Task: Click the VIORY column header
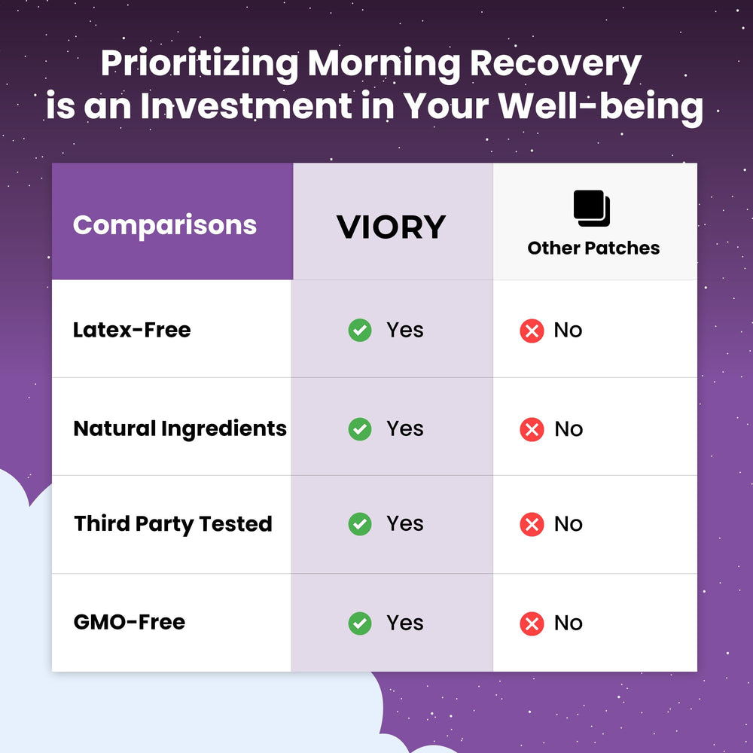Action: pos(391,227)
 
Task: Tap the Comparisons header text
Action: pos(165,225)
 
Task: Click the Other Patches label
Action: pos(593,248)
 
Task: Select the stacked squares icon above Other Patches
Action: pos(592,209)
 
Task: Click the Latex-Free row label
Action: pos(132,330)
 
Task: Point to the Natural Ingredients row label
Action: pos(180,428)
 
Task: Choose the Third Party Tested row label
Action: pos(173,524)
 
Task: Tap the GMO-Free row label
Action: pos(130,622)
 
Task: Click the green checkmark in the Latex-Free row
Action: pos(360,330)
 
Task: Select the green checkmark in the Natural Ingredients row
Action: pos(360,429)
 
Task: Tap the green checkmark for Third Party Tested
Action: pos(360,524)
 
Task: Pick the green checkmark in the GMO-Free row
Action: pos(360,623)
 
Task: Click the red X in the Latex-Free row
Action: pos(532,331)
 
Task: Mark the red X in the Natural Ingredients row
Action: pos(532,429)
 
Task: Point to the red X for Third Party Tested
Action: pos(532,524)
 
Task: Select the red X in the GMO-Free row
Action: pos(532,623)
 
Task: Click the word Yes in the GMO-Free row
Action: pos(405,623)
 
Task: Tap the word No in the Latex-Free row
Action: pos(568,331)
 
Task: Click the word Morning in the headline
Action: pos(383,65)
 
